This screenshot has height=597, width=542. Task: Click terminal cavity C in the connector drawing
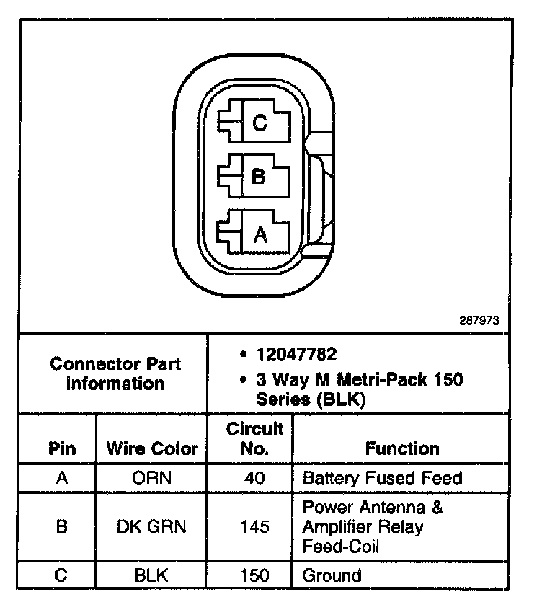258,123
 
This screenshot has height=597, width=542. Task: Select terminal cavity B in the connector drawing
257,176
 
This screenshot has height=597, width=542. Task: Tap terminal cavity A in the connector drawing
259,233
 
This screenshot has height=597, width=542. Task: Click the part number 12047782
296,355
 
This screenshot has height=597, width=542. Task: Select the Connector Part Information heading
115,373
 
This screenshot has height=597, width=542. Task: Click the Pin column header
62,449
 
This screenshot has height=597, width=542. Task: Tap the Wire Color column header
152,449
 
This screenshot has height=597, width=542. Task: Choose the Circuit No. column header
255,439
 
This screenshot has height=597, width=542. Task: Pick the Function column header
402,449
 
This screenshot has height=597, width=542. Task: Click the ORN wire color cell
151,478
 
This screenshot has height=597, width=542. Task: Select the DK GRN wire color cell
151,527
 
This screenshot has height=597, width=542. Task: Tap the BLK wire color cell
151,575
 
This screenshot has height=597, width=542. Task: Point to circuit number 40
254,478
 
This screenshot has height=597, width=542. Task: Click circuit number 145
254,527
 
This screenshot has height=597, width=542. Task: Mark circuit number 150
254,575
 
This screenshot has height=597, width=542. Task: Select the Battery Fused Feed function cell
382,478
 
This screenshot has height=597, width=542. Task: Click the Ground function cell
332,575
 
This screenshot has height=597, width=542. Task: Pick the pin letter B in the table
62,527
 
